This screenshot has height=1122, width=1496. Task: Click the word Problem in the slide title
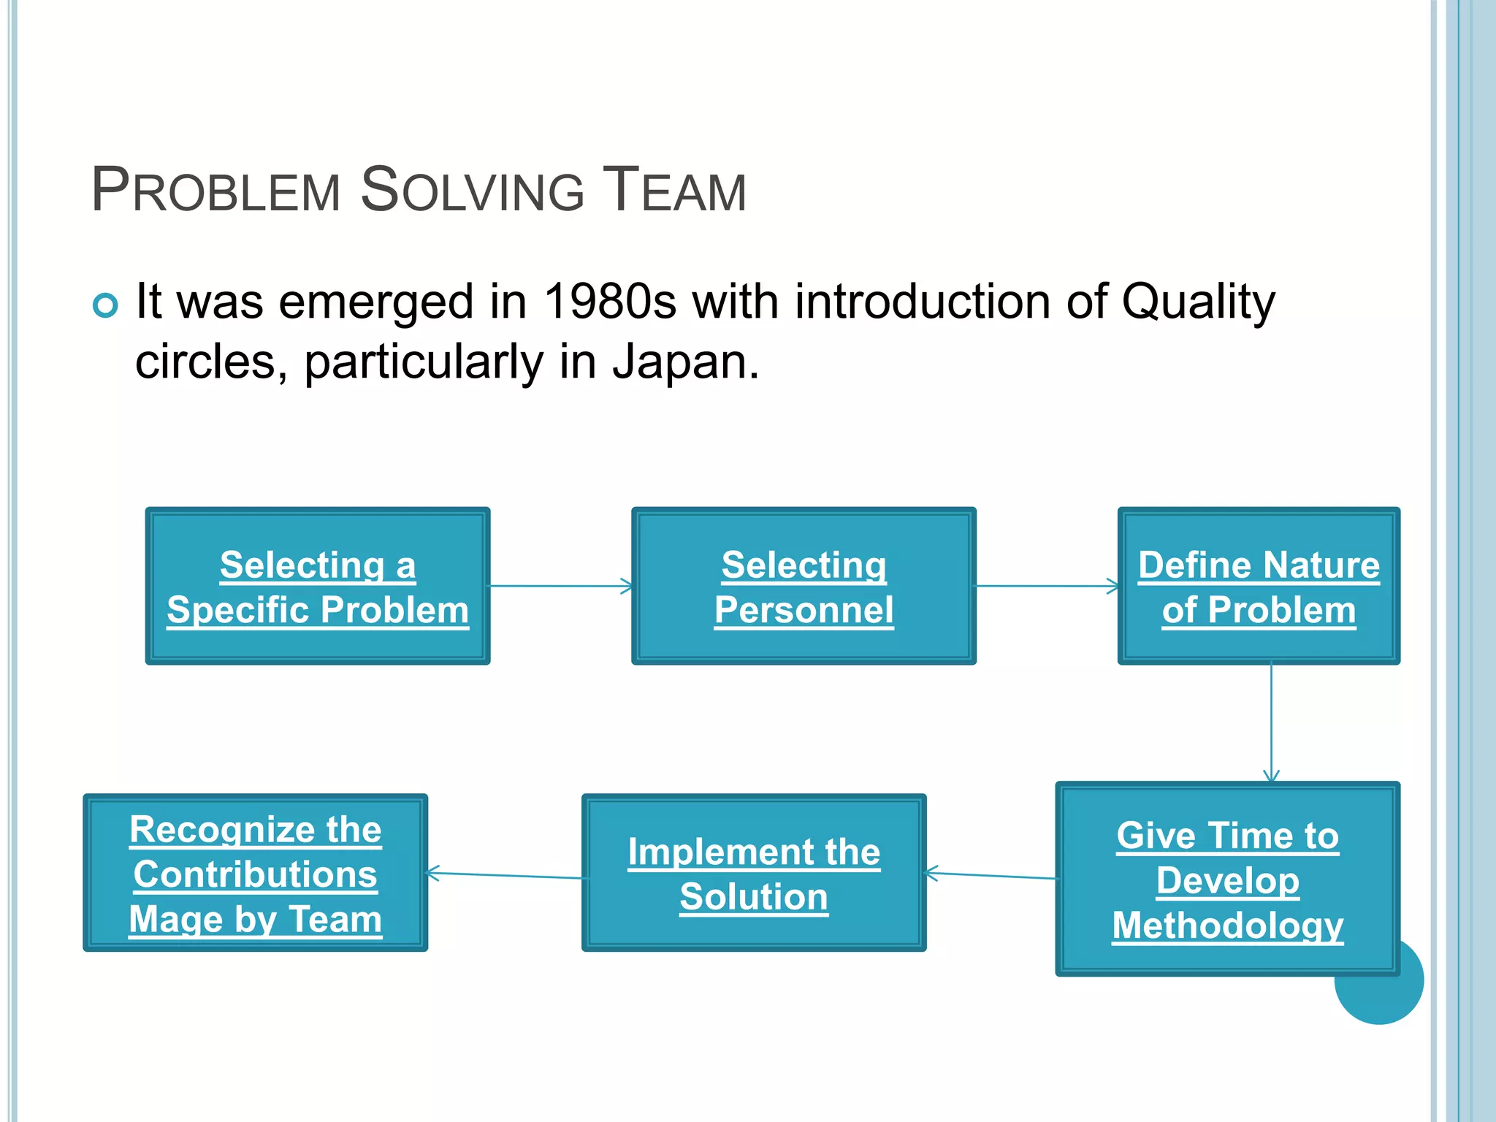(216, 191)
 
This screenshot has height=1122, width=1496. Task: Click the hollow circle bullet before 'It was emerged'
(106, 305)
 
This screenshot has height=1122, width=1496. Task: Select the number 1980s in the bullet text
(610, 302)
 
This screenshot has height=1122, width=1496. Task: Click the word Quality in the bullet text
(1198, 302)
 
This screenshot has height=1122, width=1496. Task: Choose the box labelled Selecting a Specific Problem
(318, 586)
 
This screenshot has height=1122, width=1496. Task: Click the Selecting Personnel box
(804, 586)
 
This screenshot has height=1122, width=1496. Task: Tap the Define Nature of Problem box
(1259, 586)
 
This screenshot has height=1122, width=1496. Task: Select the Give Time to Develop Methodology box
(1227, 879)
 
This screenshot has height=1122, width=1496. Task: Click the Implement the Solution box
(754, 873)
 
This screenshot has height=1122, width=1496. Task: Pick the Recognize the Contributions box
(256, 873)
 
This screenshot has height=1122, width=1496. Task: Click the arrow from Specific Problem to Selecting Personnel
(560, 586)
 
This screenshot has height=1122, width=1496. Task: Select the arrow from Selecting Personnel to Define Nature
(1046, 586)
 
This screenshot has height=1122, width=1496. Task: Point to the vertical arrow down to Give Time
(1271, 723)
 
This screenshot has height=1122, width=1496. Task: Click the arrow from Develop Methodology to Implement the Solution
(991, 875)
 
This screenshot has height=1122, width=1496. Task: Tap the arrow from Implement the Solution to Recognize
(504, 875)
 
